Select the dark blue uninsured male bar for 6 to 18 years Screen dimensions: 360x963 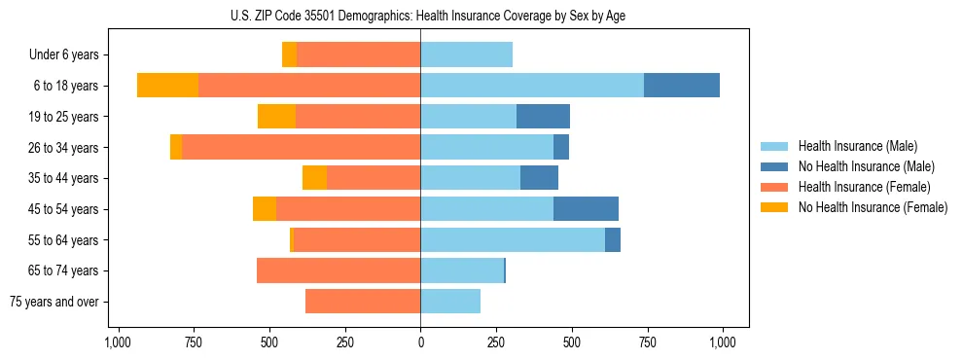click(681, 86)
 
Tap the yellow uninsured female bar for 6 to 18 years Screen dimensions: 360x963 click(167, 86)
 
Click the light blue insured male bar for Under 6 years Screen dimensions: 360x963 click(466, 54)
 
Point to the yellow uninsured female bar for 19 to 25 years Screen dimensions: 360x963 click(276, 117)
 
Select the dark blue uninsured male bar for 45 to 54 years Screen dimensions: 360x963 click(586, 209)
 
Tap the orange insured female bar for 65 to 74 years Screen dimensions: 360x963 click(339, 270)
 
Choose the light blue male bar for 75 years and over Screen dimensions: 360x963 click(450, 302)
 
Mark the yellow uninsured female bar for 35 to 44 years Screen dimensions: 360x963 click(314, 178)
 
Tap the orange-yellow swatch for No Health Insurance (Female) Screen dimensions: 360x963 click(775, 207)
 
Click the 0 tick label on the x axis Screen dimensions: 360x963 click(420, 342)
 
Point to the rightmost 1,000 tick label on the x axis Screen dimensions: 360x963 click(723, 342)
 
